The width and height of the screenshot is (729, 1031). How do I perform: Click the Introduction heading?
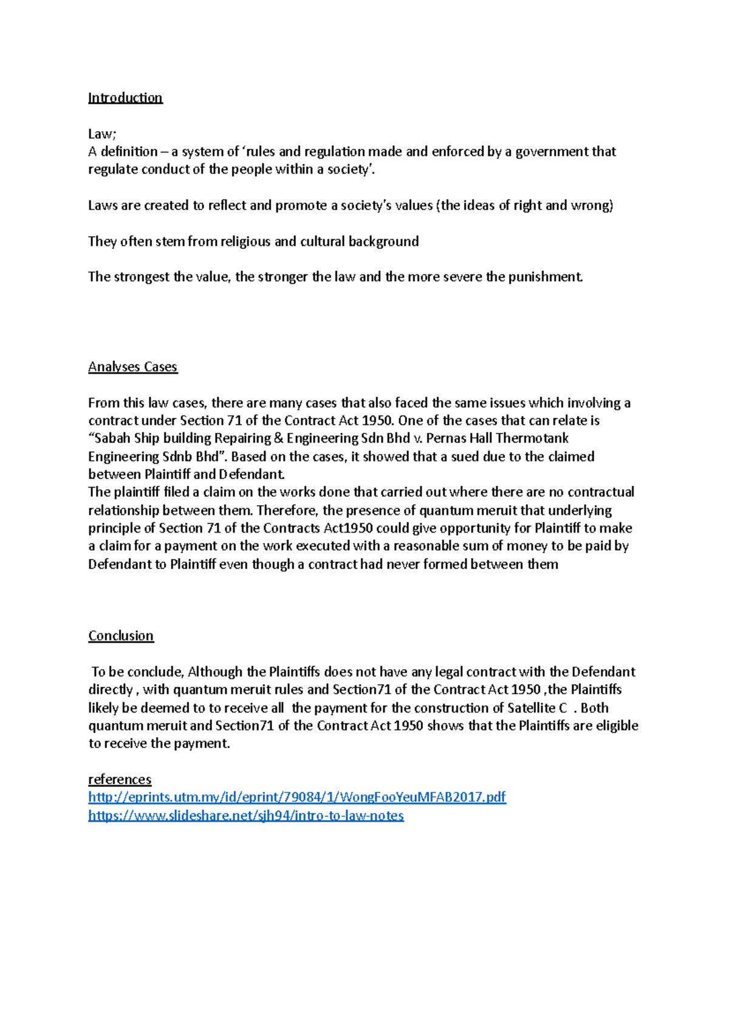coord(125,98)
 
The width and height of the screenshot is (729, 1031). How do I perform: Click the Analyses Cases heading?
coord(132,367)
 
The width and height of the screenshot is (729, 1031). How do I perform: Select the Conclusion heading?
coord(121,636)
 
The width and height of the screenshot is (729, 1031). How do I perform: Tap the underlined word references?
coord(120,779)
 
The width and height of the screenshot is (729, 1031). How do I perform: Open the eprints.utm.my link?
coord(296,797)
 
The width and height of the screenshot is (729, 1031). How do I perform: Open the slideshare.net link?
coord(245,815)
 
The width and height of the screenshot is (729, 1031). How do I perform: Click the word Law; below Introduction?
coord(102,134)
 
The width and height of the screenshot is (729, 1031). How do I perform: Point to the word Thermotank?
coord(532,438)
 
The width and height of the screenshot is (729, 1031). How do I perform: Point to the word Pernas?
coord(446,438)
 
